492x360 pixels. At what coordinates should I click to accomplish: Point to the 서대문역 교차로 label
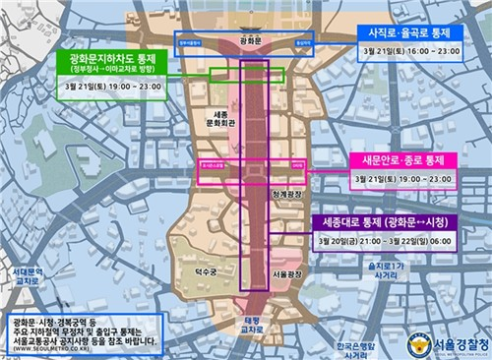24,276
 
